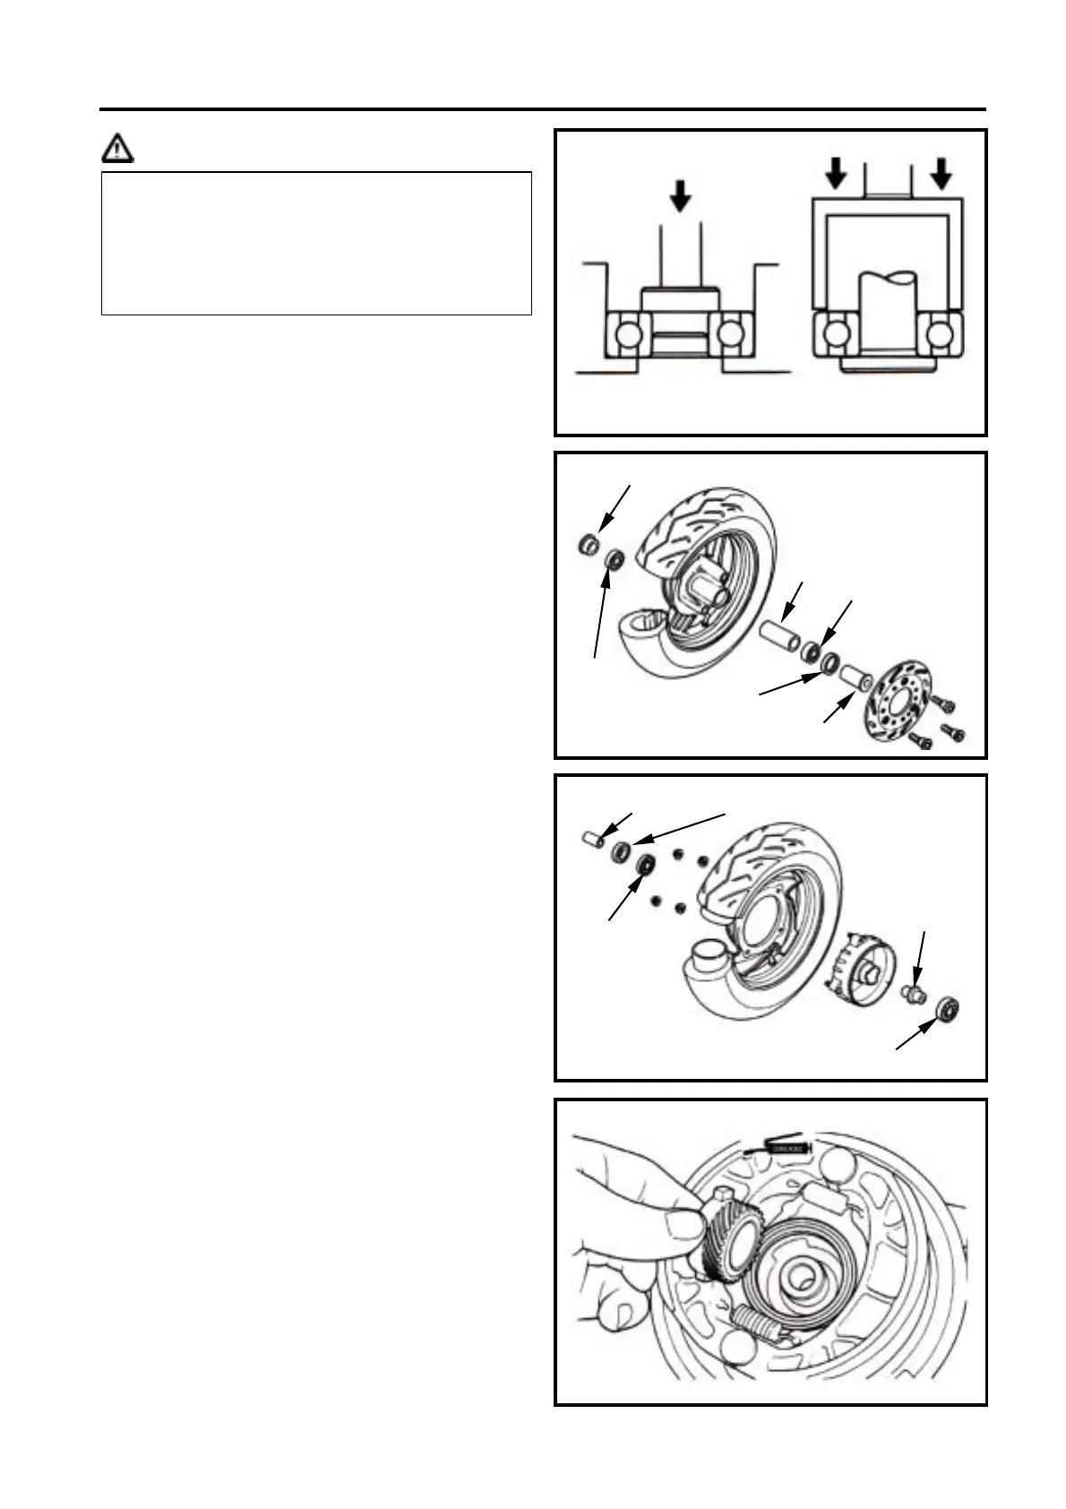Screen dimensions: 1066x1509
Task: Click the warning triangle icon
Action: tap(116, 147)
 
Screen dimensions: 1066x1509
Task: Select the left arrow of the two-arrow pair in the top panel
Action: tap(835, 173)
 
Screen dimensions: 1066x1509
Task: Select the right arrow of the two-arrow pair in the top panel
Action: tap(941, 173)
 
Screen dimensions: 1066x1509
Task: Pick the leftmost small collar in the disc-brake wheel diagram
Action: tap(589, 544)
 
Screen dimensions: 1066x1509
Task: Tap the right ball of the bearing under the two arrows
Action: tap(938, 333)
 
